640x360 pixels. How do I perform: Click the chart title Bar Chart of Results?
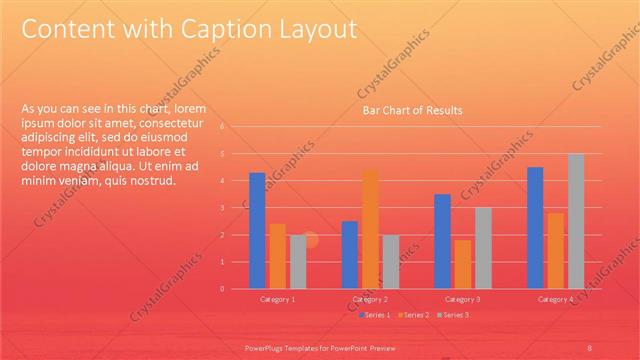coord(412,110)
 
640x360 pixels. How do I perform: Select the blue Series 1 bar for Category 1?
coord(257,230)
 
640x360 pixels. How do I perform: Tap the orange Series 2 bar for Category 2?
coord(370,229)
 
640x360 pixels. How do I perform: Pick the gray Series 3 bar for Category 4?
coord(576,221)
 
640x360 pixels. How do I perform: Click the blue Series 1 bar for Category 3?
coord(442,241)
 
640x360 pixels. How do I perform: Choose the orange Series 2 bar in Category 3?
coord(462,264)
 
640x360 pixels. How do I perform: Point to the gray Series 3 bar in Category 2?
coord(390,262)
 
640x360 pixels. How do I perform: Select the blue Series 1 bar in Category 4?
coord(535,227)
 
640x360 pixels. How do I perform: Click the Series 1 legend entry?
coord(374,315)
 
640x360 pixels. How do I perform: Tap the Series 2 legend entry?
coord(413,315)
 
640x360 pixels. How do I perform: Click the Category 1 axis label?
coord(277,299)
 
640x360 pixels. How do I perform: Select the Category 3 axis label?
coord(462,299)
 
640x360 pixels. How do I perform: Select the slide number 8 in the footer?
coord(590,347)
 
